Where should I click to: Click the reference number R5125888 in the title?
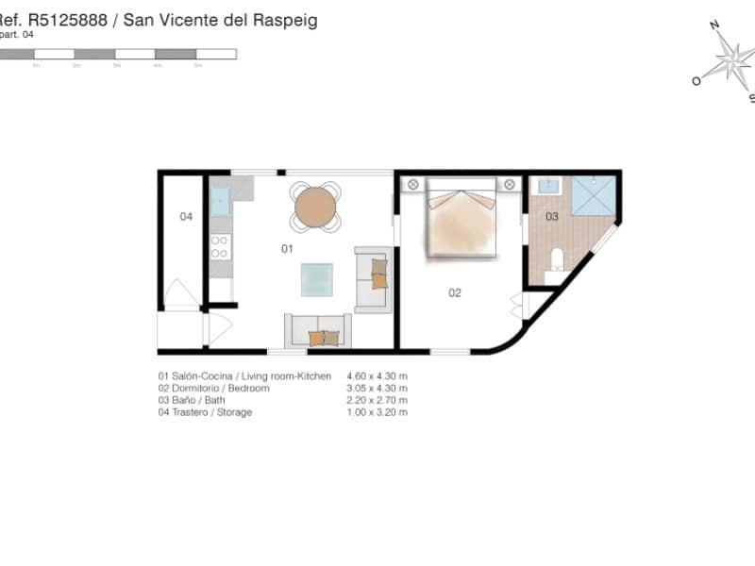click(x=67, y=20)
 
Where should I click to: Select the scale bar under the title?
click(x=117, y=55)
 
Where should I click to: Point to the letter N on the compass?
click(x=714, y=26)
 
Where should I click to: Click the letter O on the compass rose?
click(x=696, y=81)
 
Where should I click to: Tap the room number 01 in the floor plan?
click(x=287, y=249)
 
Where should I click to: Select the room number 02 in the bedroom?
click(x=454, y=292)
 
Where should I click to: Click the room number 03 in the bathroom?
click(x=552, y=217)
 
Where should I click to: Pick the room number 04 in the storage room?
click(x=186, y=217)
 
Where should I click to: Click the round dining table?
click(x=315, y=206)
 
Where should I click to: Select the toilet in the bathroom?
click(x=557, y=258)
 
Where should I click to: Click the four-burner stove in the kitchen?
click(x=220, y=247)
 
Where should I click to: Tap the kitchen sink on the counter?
click(x=220, y=201)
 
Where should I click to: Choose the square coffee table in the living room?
click(x=316, y=279)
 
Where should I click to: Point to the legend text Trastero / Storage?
click(x=205, y=412)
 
